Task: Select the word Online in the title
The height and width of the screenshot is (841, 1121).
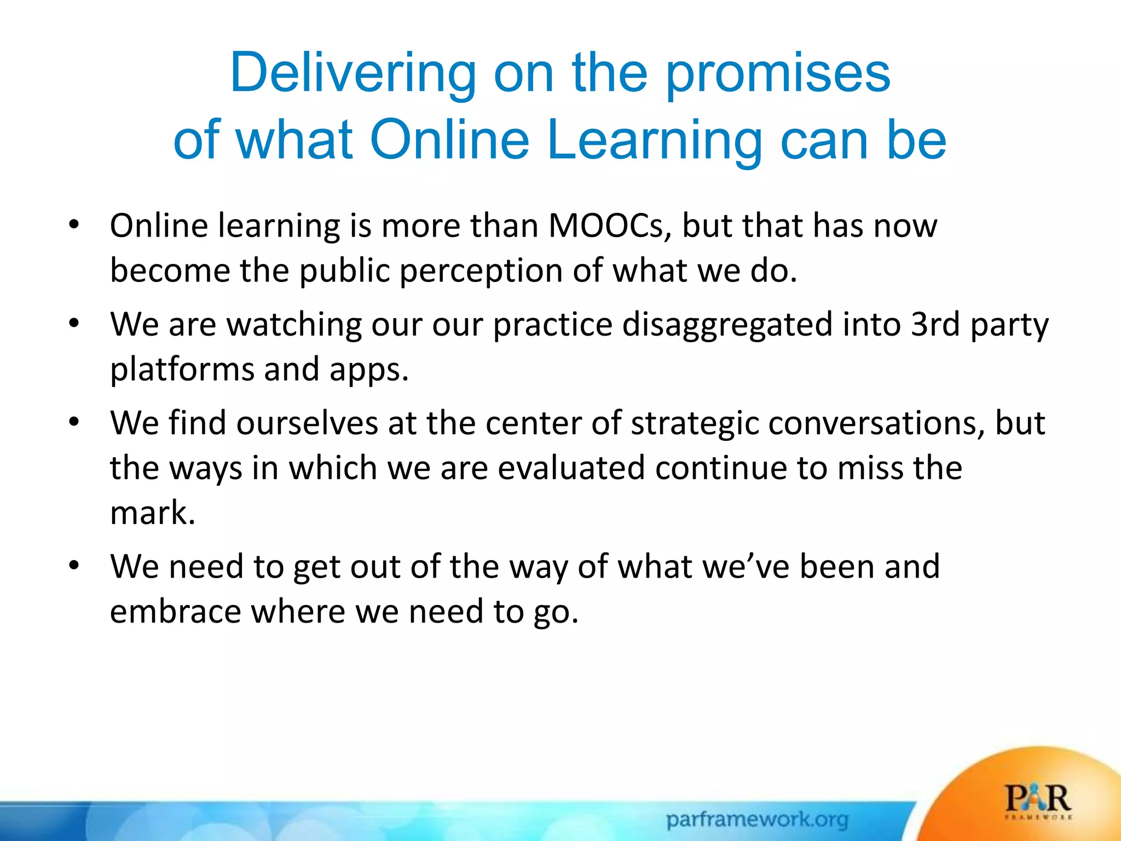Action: [449, 140]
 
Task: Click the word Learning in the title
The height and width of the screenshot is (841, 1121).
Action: [655, 140]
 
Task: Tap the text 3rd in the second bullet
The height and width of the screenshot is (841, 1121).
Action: [935, 324]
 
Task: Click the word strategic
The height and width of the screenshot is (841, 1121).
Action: [694, 423]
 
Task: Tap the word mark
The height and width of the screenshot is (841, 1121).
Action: [152, 513]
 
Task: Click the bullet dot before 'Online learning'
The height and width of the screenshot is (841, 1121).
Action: [74, 224]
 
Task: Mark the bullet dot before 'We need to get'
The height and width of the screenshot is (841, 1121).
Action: [74, 565]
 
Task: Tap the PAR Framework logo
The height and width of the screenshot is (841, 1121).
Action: [1038, 802]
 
